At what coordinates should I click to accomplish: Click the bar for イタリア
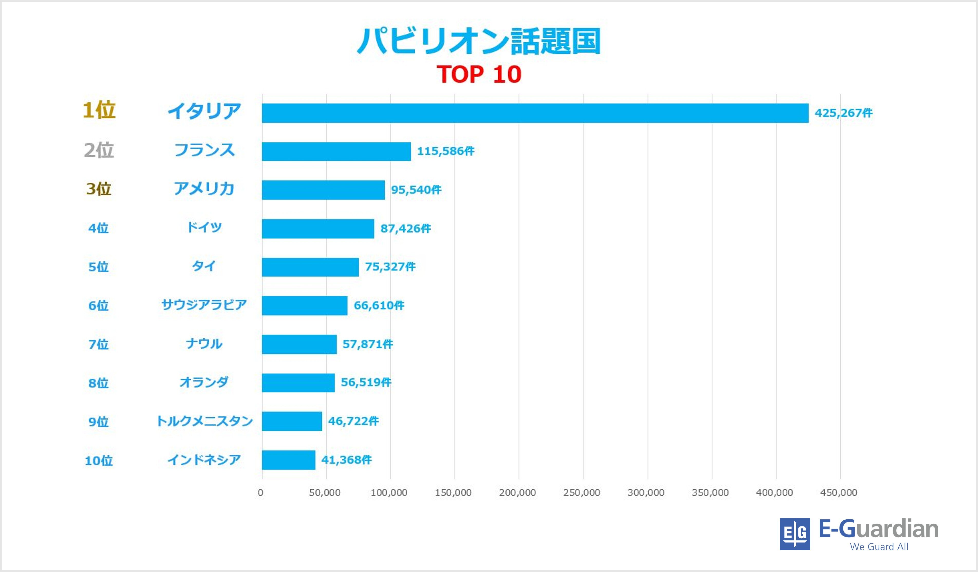click(535, 113)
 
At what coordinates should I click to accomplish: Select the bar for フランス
click(336, 151)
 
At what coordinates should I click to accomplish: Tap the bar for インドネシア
click(288, 460)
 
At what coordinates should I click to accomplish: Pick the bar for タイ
click(310, 267)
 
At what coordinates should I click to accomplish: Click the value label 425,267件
click(843, 113)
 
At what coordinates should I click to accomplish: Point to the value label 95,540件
click(416, 190)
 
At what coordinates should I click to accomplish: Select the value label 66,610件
click(379, 305)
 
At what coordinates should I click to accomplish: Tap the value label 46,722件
click(353, 421)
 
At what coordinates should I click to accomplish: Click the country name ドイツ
click(204, 227)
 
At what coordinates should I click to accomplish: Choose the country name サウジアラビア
click(204, 305)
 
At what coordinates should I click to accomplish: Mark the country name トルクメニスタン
click(204, 421)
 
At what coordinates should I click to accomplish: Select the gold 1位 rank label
click(99, 111)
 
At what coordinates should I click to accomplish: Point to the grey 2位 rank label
click(99, 150)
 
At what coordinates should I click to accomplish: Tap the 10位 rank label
click(99, 461)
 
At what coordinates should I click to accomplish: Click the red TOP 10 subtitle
click(479, 74)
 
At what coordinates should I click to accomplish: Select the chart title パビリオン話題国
click(479, 41)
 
